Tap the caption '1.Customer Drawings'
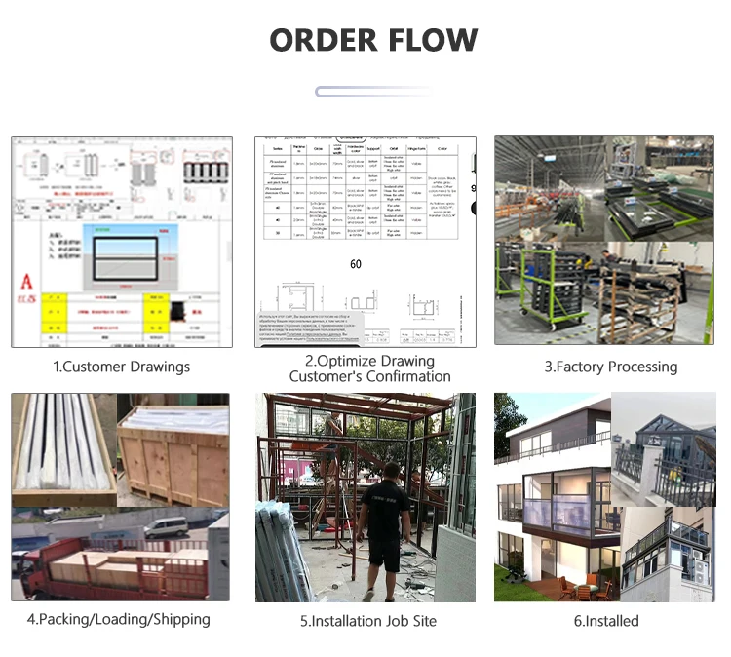coord(121,367)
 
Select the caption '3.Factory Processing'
coord(610,367)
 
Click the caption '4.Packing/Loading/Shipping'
coord(118,619)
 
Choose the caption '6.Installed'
coord(605,621)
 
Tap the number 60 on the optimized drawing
coord(355,263)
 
